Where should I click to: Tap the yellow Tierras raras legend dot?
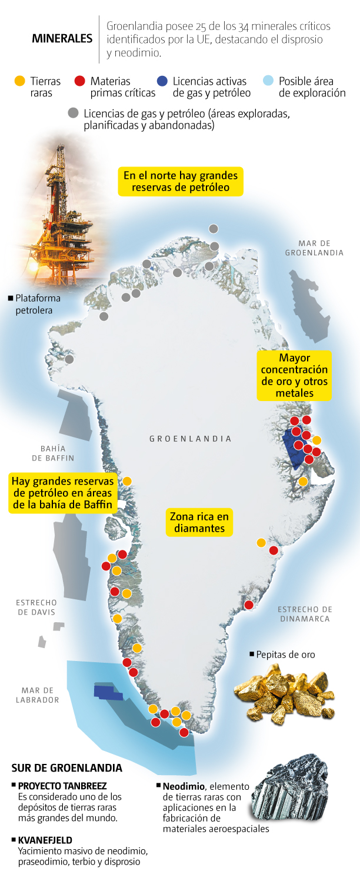(x=19, y=81)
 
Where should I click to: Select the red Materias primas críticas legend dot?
(x=80, y=81)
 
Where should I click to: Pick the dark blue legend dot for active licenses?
(x=162, y=81)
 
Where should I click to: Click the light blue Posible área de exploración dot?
(x=268, y=81)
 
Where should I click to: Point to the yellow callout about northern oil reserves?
(x=181, y=182)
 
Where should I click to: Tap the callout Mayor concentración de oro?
(x=294, y=375)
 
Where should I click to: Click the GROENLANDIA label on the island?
(x=190, y=439)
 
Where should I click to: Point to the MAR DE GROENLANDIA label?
(x=314, y=248)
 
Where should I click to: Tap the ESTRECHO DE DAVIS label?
(x=36, y=607)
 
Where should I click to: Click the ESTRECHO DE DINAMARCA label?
(x=305, y=614)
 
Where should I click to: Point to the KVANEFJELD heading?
(x=45, y=840)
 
